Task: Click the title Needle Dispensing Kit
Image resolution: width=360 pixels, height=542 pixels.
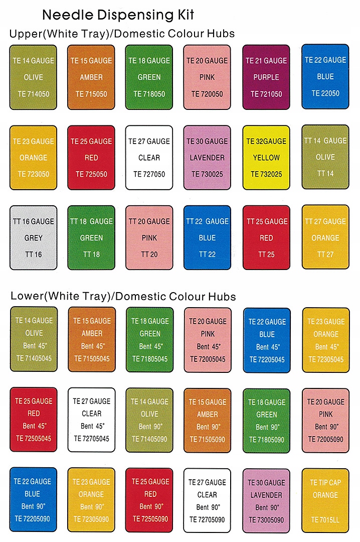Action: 118,14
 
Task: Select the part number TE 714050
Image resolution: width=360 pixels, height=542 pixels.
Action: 33,94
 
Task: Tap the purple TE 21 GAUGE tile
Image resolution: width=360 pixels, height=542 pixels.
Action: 266,77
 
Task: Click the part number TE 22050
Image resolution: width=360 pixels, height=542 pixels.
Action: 325,93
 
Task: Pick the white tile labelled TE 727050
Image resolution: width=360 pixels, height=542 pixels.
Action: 149,158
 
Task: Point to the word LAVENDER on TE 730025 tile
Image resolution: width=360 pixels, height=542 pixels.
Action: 207,158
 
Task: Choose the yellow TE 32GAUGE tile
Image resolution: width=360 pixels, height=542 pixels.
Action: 266,158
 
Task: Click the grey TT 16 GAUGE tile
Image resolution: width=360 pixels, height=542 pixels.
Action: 33,237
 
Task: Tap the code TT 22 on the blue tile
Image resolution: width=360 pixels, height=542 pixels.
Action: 207,254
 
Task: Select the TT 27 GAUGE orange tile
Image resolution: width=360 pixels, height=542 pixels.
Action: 325,237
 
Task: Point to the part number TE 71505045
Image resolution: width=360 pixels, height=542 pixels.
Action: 92,359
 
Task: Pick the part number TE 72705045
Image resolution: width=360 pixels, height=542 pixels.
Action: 91,439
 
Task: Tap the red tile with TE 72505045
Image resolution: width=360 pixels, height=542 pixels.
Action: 33,420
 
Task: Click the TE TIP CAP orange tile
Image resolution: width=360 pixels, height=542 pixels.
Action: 325,500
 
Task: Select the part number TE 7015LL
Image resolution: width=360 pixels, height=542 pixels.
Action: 325,520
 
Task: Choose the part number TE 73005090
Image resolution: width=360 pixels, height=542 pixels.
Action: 266,520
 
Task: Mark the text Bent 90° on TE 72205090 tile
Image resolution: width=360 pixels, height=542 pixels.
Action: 33,506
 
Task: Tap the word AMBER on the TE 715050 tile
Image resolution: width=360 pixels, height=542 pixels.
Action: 91,77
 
